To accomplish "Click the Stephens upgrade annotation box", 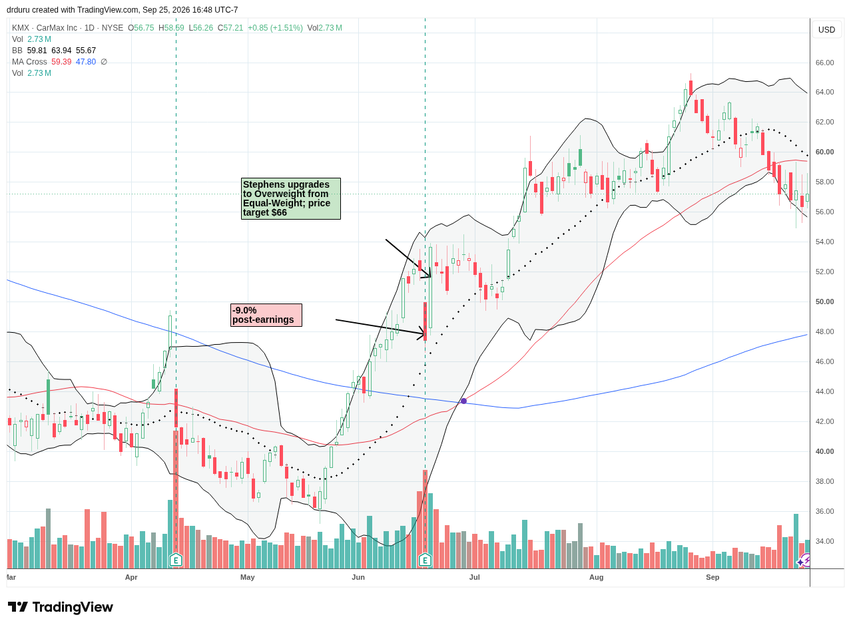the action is click(x=292, y=199).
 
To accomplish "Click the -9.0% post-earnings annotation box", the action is click(x=267, y=315).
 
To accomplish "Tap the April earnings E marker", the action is click(x=176, y=560).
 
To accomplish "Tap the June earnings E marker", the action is click(x=425, y=560).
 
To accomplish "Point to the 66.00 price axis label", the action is click(x=825, y=63).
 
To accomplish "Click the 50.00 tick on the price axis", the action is click(x=825, y=302).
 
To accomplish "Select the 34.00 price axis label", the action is click(x=825, y=542).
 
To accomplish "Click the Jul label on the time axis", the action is click(x=475, y=578).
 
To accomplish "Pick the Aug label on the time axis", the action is click(x=597, y=578).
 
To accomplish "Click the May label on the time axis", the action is click(x=248, y=578).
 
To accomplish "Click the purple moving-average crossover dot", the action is click(x=464, y=401).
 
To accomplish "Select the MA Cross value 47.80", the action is click(x=86, y=62).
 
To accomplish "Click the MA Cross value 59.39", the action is click(x=61, y=62).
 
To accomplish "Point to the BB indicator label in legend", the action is click(x=17, y=51).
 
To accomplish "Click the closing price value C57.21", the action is click(x=230, y=28).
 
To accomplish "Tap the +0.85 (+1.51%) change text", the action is click(x=276, y=28).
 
